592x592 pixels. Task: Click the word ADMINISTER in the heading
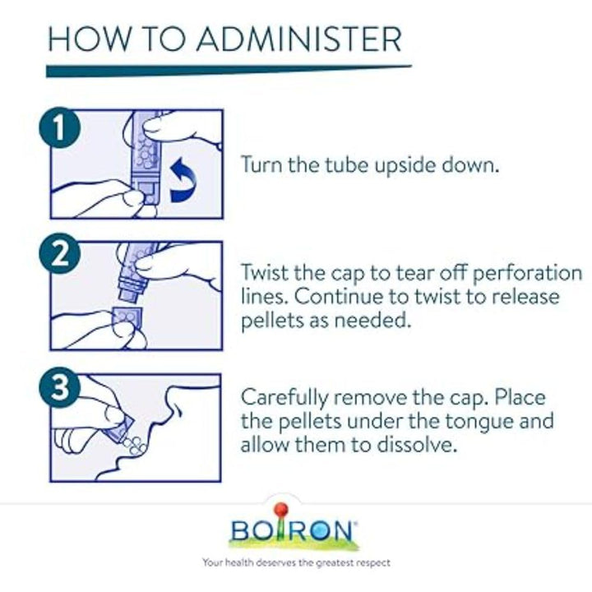pos(299,39)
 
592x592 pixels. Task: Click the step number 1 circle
pos(60,128)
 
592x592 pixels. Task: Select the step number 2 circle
pos(60,253)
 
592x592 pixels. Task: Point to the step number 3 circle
pos(60,387)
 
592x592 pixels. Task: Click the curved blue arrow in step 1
pos(184,180)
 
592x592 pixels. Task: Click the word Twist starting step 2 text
pos(265,273)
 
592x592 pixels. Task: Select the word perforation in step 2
pos(527,274)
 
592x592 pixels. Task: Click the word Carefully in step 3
pos(285,399)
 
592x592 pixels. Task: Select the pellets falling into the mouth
pos(134,446)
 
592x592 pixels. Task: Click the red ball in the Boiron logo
pos(280,509)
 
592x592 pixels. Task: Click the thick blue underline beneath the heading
pos(229,71)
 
